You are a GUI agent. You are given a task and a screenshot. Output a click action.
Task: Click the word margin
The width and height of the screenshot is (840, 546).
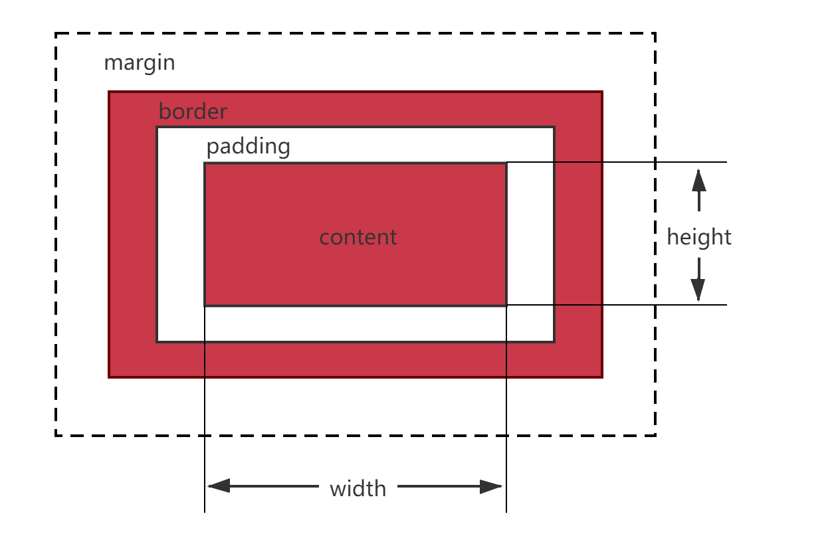coord(140,63)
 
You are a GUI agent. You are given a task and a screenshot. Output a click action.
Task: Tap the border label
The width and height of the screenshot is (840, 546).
coord(193,112)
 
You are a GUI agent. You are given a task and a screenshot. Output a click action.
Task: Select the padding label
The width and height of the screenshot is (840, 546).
coord(248,147)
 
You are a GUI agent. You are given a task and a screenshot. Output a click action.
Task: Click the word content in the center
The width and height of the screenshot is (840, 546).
coord(358,237)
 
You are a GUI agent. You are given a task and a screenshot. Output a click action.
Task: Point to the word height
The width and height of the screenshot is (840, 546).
coord(699,237)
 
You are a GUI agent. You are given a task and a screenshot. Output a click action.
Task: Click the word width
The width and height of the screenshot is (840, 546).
coord(358,489)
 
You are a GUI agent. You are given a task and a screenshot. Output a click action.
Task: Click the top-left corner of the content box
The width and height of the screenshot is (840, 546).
coord(205,163)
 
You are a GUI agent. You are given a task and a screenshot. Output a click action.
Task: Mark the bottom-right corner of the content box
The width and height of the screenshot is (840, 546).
coord(506,306)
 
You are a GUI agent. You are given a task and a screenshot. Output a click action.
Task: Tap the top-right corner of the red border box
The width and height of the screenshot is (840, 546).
coord(602,92)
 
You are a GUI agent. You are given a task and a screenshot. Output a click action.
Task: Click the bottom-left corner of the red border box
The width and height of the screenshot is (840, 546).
coord(109,377)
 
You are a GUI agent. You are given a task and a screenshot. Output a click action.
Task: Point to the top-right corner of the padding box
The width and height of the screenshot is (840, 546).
coord(554,127)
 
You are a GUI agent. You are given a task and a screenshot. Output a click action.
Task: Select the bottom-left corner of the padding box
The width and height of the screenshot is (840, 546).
coord(157,341)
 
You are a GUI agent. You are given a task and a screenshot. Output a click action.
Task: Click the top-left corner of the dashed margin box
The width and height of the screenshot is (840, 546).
coord(57,36)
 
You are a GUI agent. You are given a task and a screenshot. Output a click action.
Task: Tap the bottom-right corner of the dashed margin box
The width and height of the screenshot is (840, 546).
coord(654,434)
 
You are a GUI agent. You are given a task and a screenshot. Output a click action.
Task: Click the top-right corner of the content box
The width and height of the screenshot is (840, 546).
coord(506,163)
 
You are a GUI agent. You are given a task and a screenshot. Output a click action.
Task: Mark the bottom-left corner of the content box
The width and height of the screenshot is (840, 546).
coord(205,306)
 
